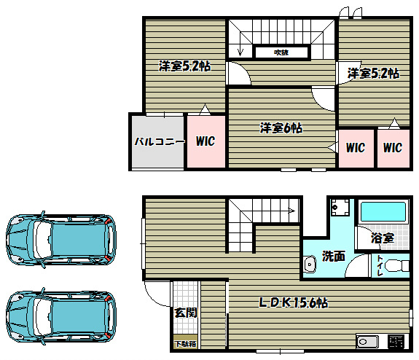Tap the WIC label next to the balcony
pos(205,141)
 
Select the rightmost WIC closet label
pos(393,148)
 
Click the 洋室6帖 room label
pos(281,128)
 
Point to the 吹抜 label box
pos(282,52)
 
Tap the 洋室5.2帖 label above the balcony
pos(185,66)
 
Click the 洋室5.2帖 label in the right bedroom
pos(372,73)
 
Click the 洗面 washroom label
pos(334,256)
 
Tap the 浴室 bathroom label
pos(382,238)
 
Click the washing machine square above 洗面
pos(338,208)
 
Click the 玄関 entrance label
pos(184,313)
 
